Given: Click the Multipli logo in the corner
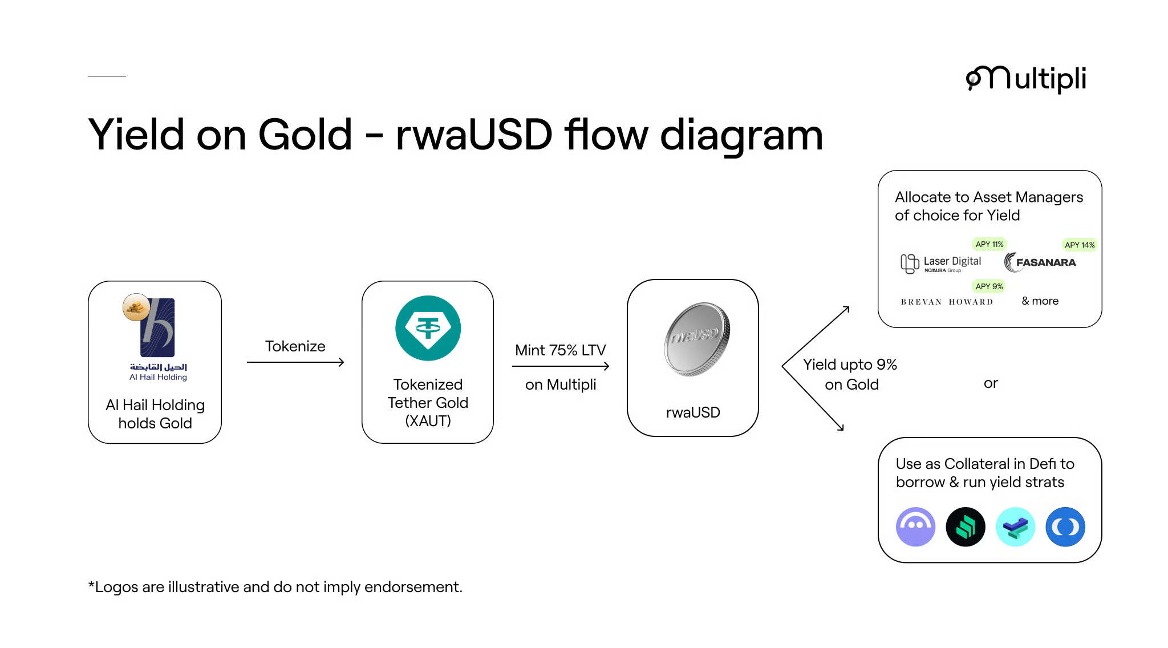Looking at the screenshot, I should coord(1025,79).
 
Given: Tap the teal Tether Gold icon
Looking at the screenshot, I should coord(428,328).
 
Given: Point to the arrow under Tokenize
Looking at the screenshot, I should coord(295,362).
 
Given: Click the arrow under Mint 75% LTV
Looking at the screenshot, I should coord(561,366).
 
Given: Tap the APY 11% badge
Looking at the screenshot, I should coord(989,244).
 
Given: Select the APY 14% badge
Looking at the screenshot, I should coord(1079,245).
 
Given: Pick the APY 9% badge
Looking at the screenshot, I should coord(989,286).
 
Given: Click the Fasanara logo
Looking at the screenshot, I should coord(1040,262).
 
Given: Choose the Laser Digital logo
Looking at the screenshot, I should coord(942,263).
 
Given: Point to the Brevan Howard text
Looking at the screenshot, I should coord(947,302).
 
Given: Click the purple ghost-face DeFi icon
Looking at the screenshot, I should coord(915,526).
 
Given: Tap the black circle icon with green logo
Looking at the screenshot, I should coord(965,526).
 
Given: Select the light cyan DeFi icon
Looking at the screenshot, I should coord(1015,526).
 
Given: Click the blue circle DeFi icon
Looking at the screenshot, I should coord(1065,526).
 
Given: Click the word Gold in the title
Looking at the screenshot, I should coord(305,135).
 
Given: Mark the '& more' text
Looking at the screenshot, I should coord(1040,301).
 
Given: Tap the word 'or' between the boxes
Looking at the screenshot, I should coord(991,383).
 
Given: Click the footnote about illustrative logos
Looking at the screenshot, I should coord(275,587).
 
